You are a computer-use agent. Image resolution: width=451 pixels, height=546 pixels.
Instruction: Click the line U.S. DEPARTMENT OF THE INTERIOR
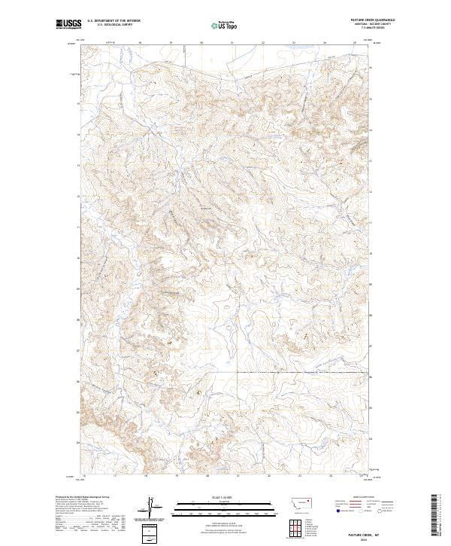point(114,20)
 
